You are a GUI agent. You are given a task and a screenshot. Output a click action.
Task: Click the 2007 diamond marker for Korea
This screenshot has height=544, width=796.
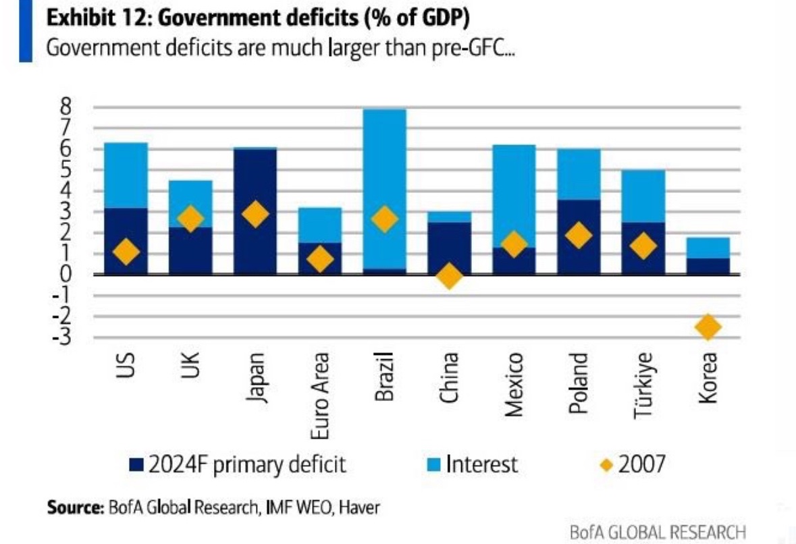pyautogui.click(x=708, y=327)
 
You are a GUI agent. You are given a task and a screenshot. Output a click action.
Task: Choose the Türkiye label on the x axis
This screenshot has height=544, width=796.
pyautogui.click(x=642, y=385)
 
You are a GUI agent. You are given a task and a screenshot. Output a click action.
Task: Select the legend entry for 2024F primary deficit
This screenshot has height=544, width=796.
pyautogui.click(x=237, y=464)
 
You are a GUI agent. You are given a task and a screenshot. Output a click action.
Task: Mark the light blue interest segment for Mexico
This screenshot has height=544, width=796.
pyautogui.click(x=514, y=196)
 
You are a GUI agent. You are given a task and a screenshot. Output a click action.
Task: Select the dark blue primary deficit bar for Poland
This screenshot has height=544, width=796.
pyautogui.click(x=579, y=236)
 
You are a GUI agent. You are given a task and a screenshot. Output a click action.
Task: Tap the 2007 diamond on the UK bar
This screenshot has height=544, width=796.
pyautogui.click(x=190, y=219)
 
